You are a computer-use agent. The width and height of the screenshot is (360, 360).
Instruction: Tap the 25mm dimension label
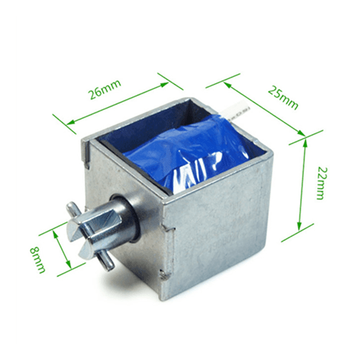click(284, 98)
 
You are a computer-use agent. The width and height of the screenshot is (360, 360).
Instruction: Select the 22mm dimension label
click(322, 183)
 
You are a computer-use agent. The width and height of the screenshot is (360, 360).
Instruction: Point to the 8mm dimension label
click(38, 260)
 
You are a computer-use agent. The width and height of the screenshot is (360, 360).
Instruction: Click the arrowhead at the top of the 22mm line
click(305, 143)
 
